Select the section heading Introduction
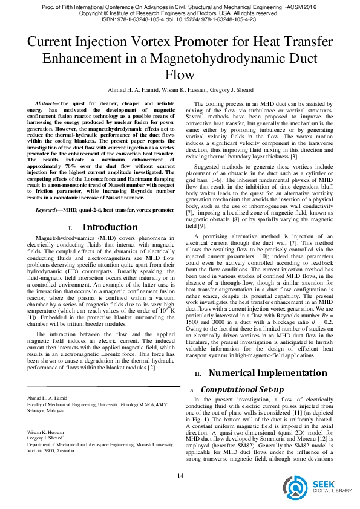click(110, 227)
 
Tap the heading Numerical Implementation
click(261, 372)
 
